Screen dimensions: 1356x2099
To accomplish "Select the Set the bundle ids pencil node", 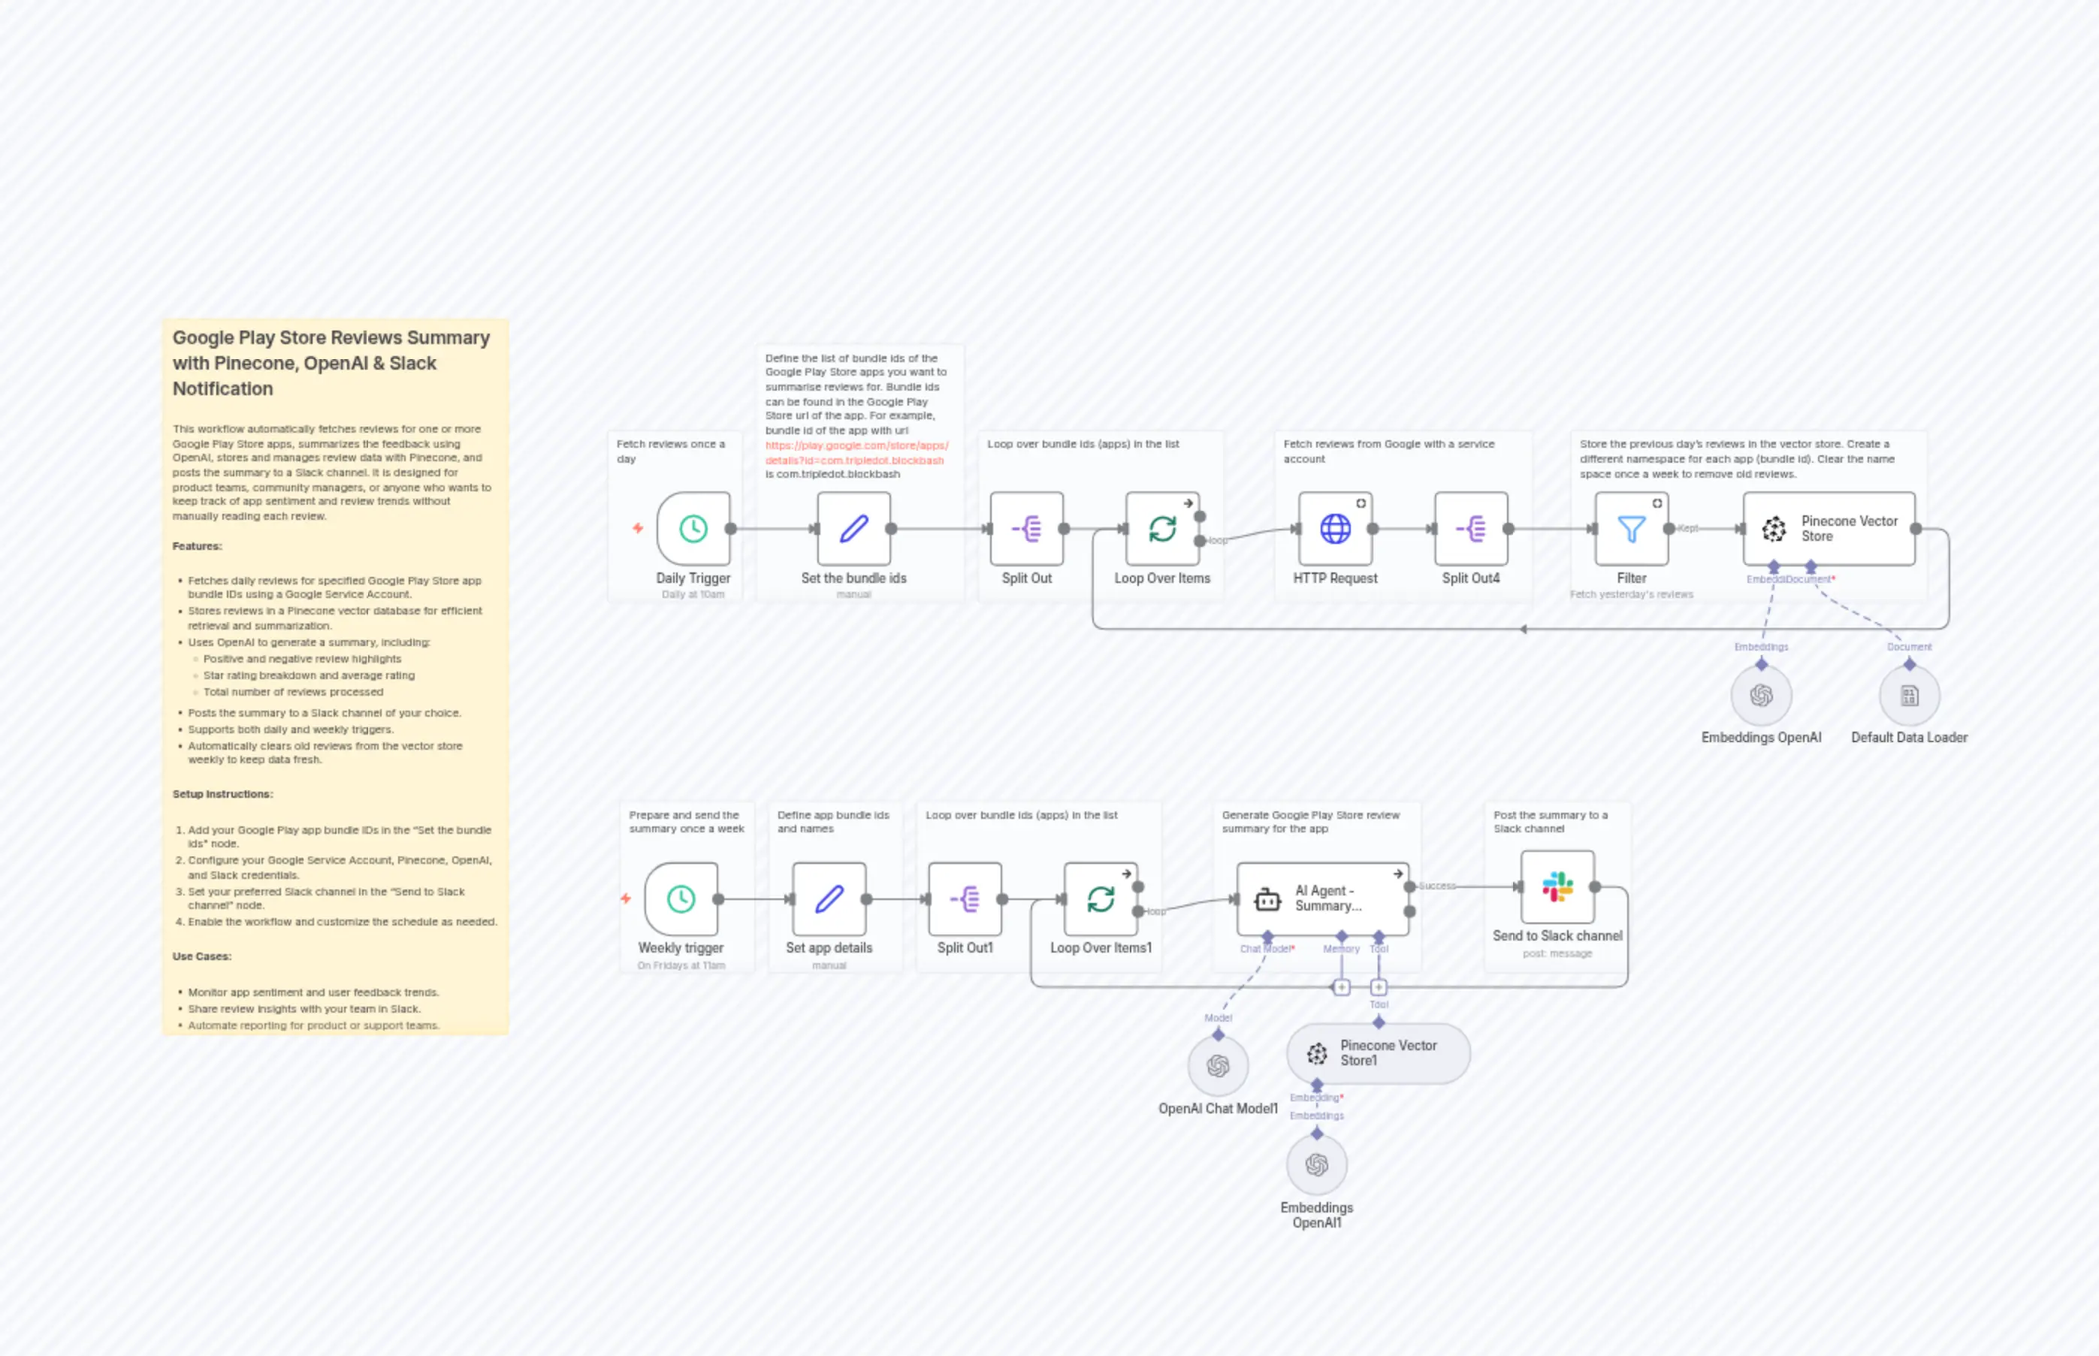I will tap(853, 528).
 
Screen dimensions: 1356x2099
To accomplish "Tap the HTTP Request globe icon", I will tap(1335, 528).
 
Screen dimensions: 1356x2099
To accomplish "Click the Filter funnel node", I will tap(1631, 528).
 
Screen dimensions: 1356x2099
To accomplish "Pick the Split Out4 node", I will tap(1470, 528).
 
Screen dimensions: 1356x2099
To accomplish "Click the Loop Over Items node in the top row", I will tap(1162, 528).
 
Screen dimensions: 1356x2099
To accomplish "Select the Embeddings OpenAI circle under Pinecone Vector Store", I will tap(1761, 696).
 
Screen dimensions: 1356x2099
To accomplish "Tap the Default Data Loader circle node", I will tap(1909, 696).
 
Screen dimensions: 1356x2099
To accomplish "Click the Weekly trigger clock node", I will tap(681, 899).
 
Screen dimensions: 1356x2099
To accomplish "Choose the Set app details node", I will tap(829, 899).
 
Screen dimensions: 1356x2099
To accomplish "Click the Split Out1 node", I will tap(964, 899).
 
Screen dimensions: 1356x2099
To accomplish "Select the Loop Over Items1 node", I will tap(1101, 899).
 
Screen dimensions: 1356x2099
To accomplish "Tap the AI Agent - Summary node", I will tap(1322, 899).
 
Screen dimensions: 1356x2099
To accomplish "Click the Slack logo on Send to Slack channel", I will tap(1557, 886).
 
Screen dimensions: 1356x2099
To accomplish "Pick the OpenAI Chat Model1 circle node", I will tap(1218, 1066).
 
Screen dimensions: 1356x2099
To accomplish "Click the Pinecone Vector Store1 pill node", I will tap(1378, 1053).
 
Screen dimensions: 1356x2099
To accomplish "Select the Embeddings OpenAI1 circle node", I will tap(1316, 1165).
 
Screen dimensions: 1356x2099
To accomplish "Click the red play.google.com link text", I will tap(856, 452).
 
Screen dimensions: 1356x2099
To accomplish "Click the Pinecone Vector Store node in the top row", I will tap(1829, 528).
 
